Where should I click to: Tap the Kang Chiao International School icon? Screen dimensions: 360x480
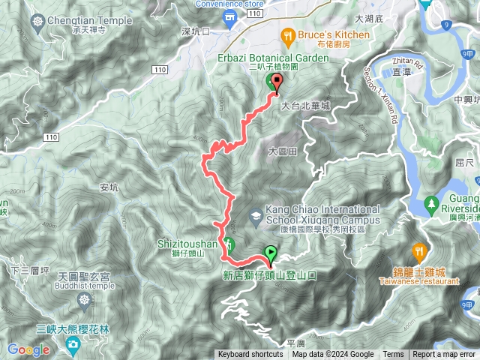click(256, 216)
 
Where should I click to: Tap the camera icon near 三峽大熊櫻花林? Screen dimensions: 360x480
click(73, 343)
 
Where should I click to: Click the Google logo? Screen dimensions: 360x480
click(28, 349)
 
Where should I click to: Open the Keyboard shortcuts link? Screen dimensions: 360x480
click(251, 355)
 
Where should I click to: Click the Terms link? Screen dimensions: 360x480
click(393, 355)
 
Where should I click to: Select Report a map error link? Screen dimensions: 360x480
click(445, 355)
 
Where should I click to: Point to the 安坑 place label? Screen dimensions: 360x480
click(109, 188)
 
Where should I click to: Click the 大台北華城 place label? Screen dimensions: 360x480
click(305, 107)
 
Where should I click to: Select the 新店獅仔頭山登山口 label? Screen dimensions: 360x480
click(269, 275)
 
